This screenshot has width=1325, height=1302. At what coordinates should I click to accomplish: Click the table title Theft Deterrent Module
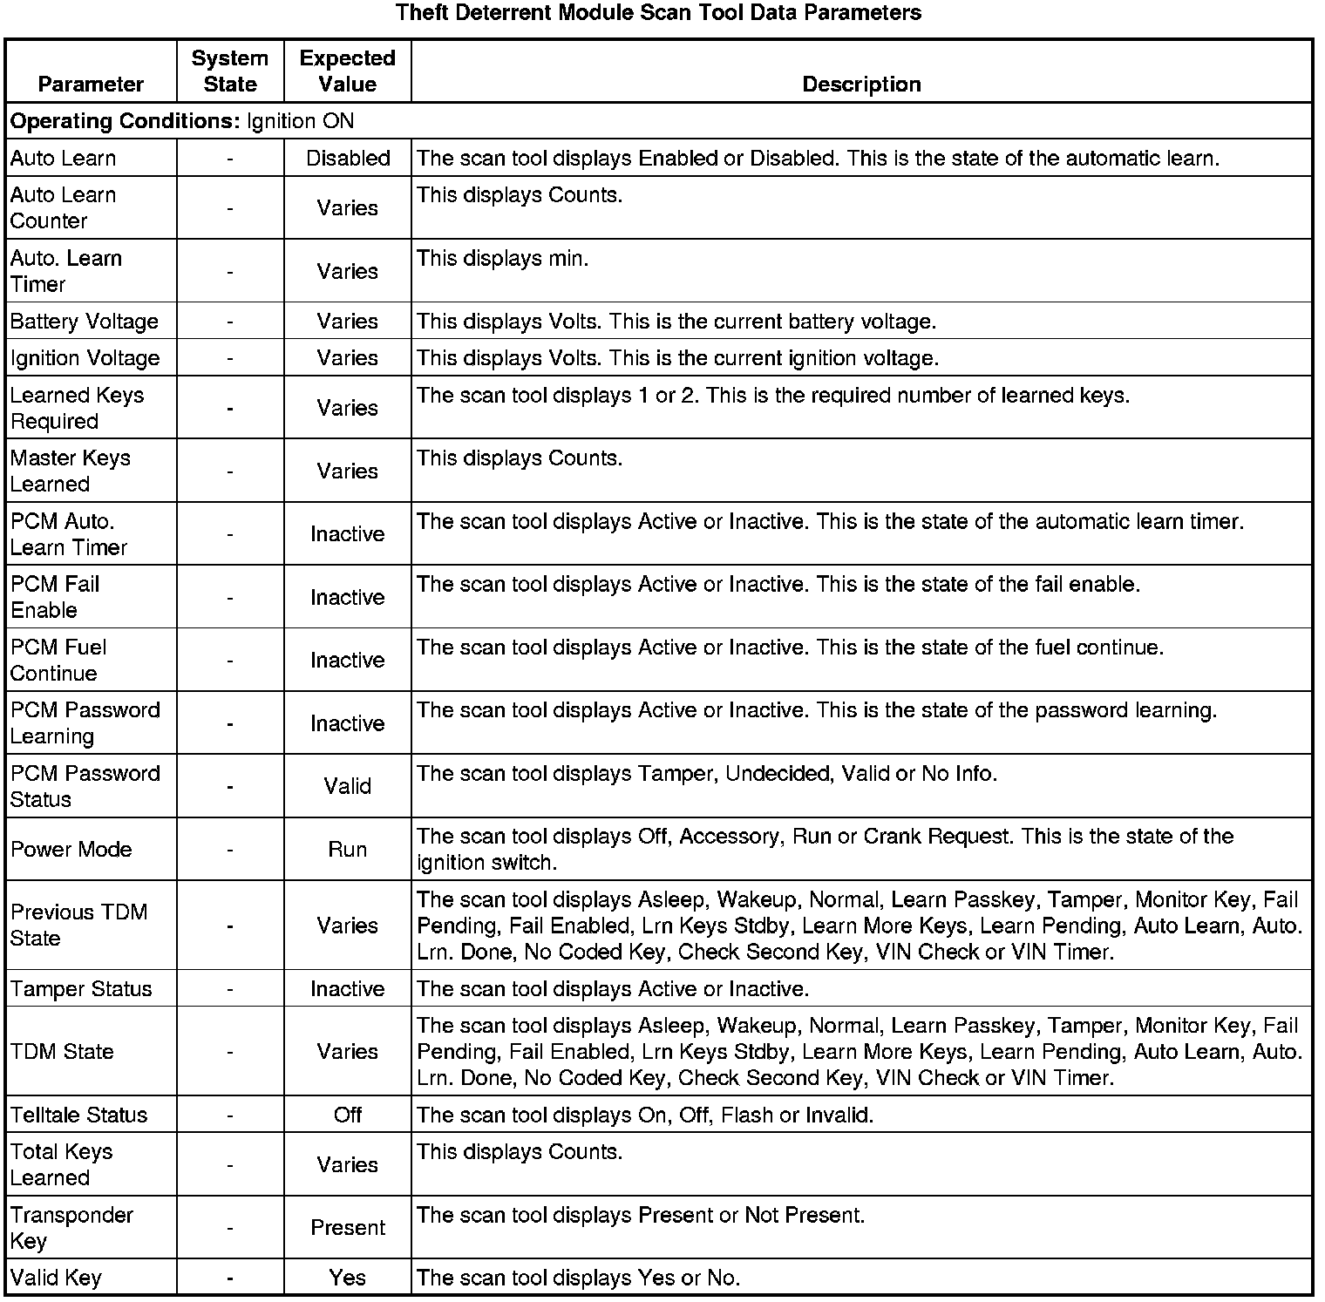[x=658, y=13]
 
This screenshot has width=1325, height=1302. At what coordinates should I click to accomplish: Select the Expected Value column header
[x=347, y=71]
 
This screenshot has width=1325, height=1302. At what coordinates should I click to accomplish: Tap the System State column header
[x=230, y=71]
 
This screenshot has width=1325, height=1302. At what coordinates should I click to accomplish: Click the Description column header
[x=861, y=85]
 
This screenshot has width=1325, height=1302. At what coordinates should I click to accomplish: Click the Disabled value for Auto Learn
[x=348, y=159]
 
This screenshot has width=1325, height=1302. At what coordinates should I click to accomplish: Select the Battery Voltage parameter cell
[x=85, y=322]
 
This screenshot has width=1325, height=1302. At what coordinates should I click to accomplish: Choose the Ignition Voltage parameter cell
[x=85, y=358]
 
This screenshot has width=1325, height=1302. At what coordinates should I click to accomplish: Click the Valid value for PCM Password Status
[x=348, y=786]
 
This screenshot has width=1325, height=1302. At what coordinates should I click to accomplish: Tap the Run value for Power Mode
[x=348, y=850]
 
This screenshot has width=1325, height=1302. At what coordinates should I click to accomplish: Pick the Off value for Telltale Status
[x=348, y=1116]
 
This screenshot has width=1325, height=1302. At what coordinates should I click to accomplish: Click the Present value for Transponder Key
[x=348, y=1228]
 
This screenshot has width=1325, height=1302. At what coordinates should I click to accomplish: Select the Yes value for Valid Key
[x=348, y=1278]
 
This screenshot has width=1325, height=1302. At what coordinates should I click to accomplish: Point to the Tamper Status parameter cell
[x=81, y=989]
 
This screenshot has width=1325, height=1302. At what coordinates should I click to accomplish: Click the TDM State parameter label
[x=62, y=1052]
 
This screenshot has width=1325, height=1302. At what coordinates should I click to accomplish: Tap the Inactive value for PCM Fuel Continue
[x=348, y=661]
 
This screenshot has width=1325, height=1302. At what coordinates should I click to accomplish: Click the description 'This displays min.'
[x=503, y=259]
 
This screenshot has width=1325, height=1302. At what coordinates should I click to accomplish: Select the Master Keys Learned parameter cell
[x=71, y=471]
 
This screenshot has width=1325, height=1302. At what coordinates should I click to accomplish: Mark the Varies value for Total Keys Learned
[x=348, y=1165]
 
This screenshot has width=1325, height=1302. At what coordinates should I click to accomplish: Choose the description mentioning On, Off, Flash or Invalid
[x=645, y=1116]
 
